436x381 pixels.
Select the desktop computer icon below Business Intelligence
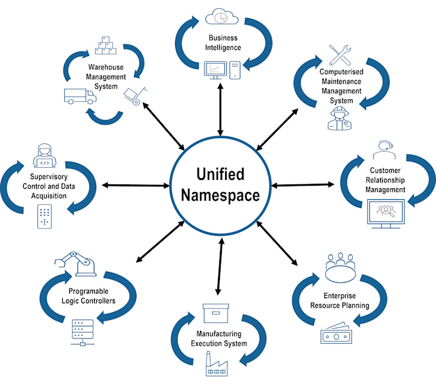[x=221, y=68]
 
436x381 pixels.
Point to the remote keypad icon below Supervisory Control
[x=44, y=216]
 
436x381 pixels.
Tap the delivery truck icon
[x=80, y=96]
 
